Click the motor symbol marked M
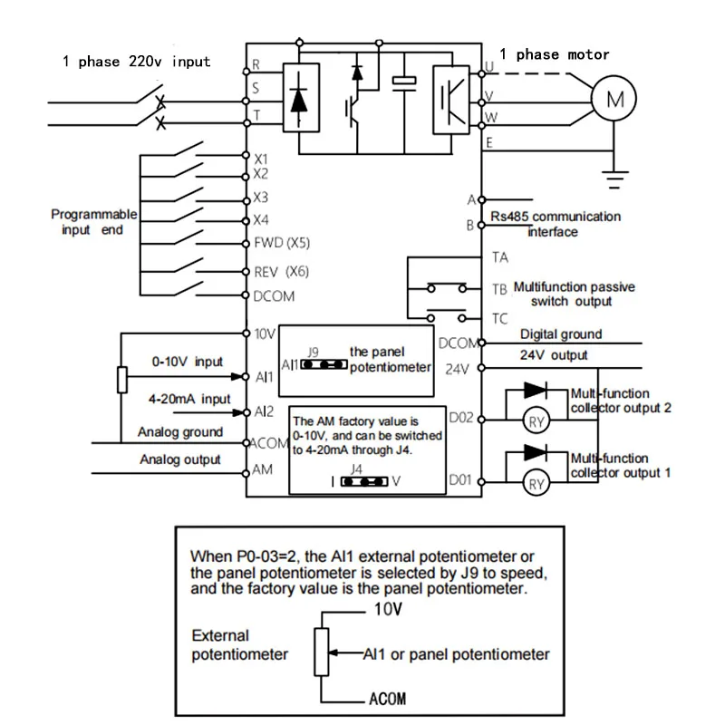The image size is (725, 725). click(x=614, y=101)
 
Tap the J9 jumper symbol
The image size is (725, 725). click(x=324, y=364)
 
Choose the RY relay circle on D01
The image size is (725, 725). click(x=536, y=485)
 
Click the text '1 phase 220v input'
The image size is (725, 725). click(x=136, y=62)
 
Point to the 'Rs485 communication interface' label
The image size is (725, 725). click(x=555, y=224)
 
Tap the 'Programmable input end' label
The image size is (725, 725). click(x=93, y=222)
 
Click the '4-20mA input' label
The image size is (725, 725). click(x=190, y=399)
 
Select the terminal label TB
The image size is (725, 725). click(x=499, y=289)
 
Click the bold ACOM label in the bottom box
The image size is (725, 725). click(x=387, y=699)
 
